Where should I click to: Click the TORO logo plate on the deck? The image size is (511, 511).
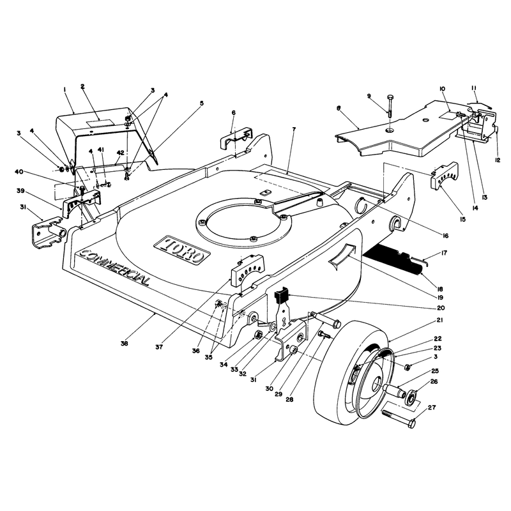pyautogui.click(x=182, y=250)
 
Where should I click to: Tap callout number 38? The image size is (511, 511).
pyautogui.click(x=124, y=343)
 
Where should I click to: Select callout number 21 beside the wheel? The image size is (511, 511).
pyautogui.click(x=440, y=321)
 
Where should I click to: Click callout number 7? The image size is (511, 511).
pyautogui.click(x=294, y=130)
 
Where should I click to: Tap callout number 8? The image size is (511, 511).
pyautogui.click(x=339, y=108)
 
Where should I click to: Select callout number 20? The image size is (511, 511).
pyautogui.click(x=441, y=308)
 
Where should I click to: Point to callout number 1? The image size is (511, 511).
pyautogui.click(x=65, y=89)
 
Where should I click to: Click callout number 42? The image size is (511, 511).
pyautogui.click(x=120, y=153)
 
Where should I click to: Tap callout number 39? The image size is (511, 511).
pyautogui.click(x=20, y=191)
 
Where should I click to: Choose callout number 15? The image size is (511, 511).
pyautogui.click(x=462, y=219)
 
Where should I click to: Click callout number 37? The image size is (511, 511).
pyautogui.click(x=158, y=347)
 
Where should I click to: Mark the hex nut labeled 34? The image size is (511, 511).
pyautogui.click(x=258, y=334)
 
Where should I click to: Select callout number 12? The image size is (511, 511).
pyautogui.click(x=498, y=160)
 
